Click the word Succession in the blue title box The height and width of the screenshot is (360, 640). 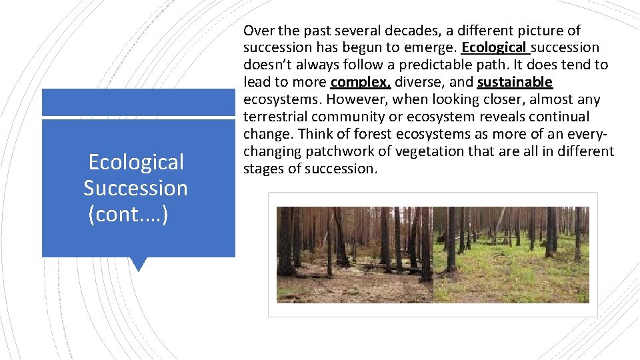[135, 189]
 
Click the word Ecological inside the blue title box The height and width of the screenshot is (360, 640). [136, 162]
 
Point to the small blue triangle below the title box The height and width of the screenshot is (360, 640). [139, 264]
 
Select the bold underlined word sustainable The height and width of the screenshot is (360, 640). [515, 82]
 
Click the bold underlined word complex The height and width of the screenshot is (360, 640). [361, 82]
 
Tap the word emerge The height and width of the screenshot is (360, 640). [429, 47]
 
